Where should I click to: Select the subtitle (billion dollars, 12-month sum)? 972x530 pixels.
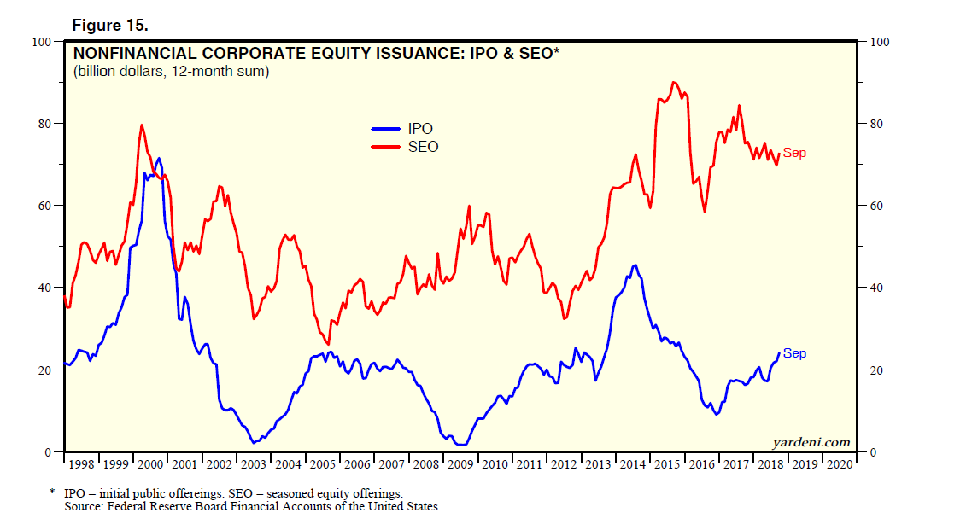[x=172, y=72]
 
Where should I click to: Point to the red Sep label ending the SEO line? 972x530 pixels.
[x=794, y=154]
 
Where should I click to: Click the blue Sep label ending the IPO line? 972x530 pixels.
[x=794, y=353]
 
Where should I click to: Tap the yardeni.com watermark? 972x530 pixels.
[x=811, y=442]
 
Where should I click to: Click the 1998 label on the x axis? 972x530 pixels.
[x=82, y=464]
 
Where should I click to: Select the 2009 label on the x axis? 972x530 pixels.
[x=460, y=464]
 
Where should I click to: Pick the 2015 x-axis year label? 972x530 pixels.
[x=667, y=464]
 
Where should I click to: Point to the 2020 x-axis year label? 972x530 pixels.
[x=839, y=464]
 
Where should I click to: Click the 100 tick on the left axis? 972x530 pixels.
[x=42, y=41]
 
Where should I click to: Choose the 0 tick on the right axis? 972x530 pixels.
[x=873, y=452]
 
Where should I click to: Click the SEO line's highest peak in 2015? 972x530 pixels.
[x=674, y=83]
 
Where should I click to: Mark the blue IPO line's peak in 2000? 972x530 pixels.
[x=158, y=159]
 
